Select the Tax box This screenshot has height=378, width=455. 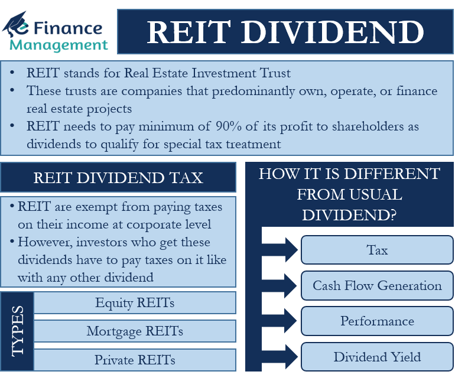pos(377,250)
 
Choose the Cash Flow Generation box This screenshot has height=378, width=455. pos(377,286)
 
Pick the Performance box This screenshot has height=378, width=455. pos(377,321)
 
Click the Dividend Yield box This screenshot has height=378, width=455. pos(377,357)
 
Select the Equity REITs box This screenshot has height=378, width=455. pos(135,303)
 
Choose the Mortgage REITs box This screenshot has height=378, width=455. pos(135,331)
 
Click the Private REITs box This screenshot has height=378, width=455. pos(135,359)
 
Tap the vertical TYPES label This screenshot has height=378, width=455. pos(17,331)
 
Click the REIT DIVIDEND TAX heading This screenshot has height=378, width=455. pos(118,178)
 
